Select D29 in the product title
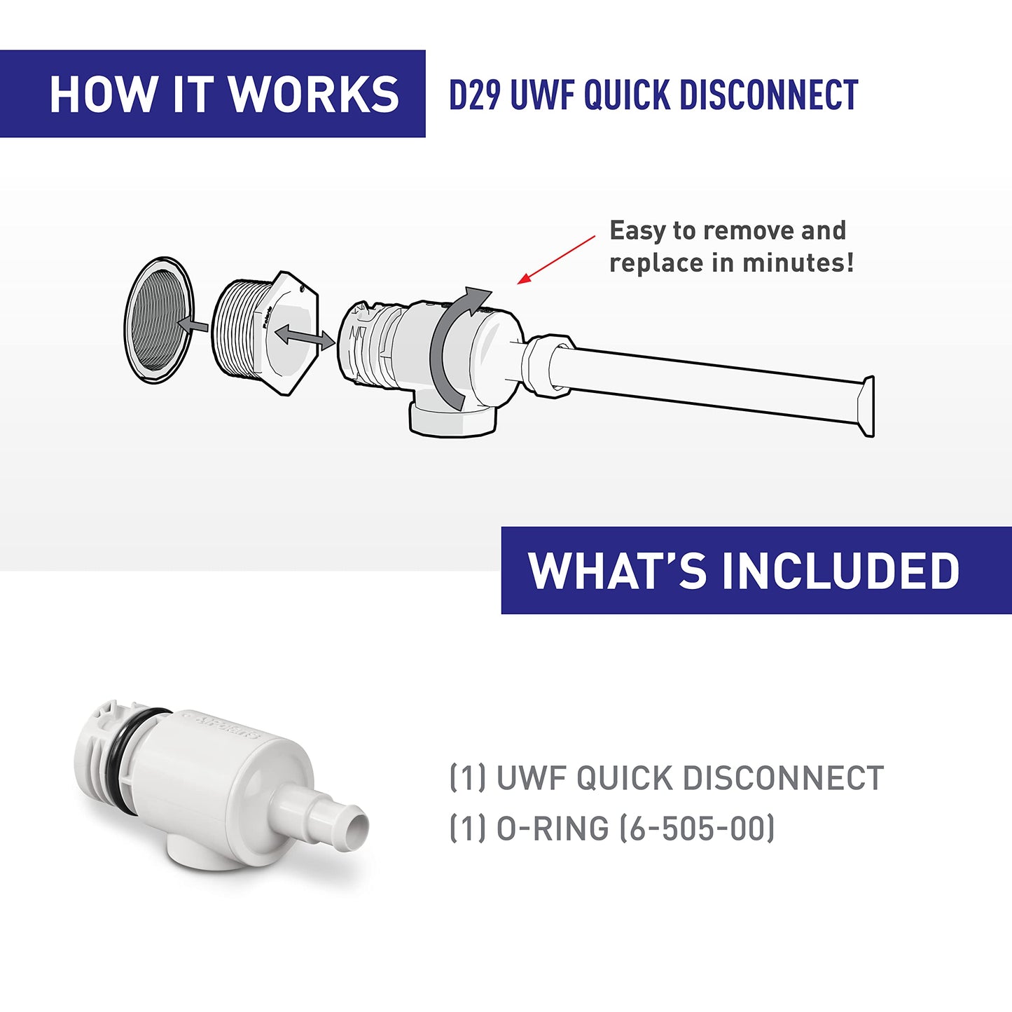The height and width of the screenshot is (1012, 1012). (474, 96)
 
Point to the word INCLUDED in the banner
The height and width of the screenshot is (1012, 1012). (840, 571)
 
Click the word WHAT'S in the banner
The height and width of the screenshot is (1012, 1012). (617, 571)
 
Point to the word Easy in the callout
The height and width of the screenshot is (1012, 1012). (637, 230)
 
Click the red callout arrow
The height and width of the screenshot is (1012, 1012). (556, 259)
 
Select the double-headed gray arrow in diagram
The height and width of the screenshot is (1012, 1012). (304, 337)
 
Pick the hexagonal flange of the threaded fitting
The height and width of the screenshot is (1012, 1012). (294, 329)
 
